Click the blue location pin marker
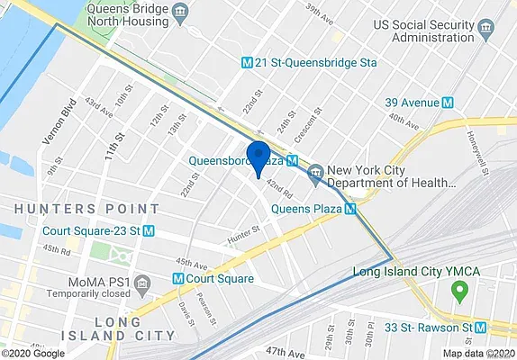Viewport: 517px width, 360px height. [x=258, y=157]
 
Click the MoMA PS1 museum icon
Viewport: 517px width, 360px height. [x=141, y=285]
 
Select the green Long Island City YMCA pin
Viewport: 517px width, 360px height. [x=460, y=291]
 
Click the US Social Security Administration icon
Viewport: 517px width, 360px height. [x=486, y=29]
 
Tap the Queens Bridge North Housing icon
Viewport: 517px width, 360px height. [x=179, y=13]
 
